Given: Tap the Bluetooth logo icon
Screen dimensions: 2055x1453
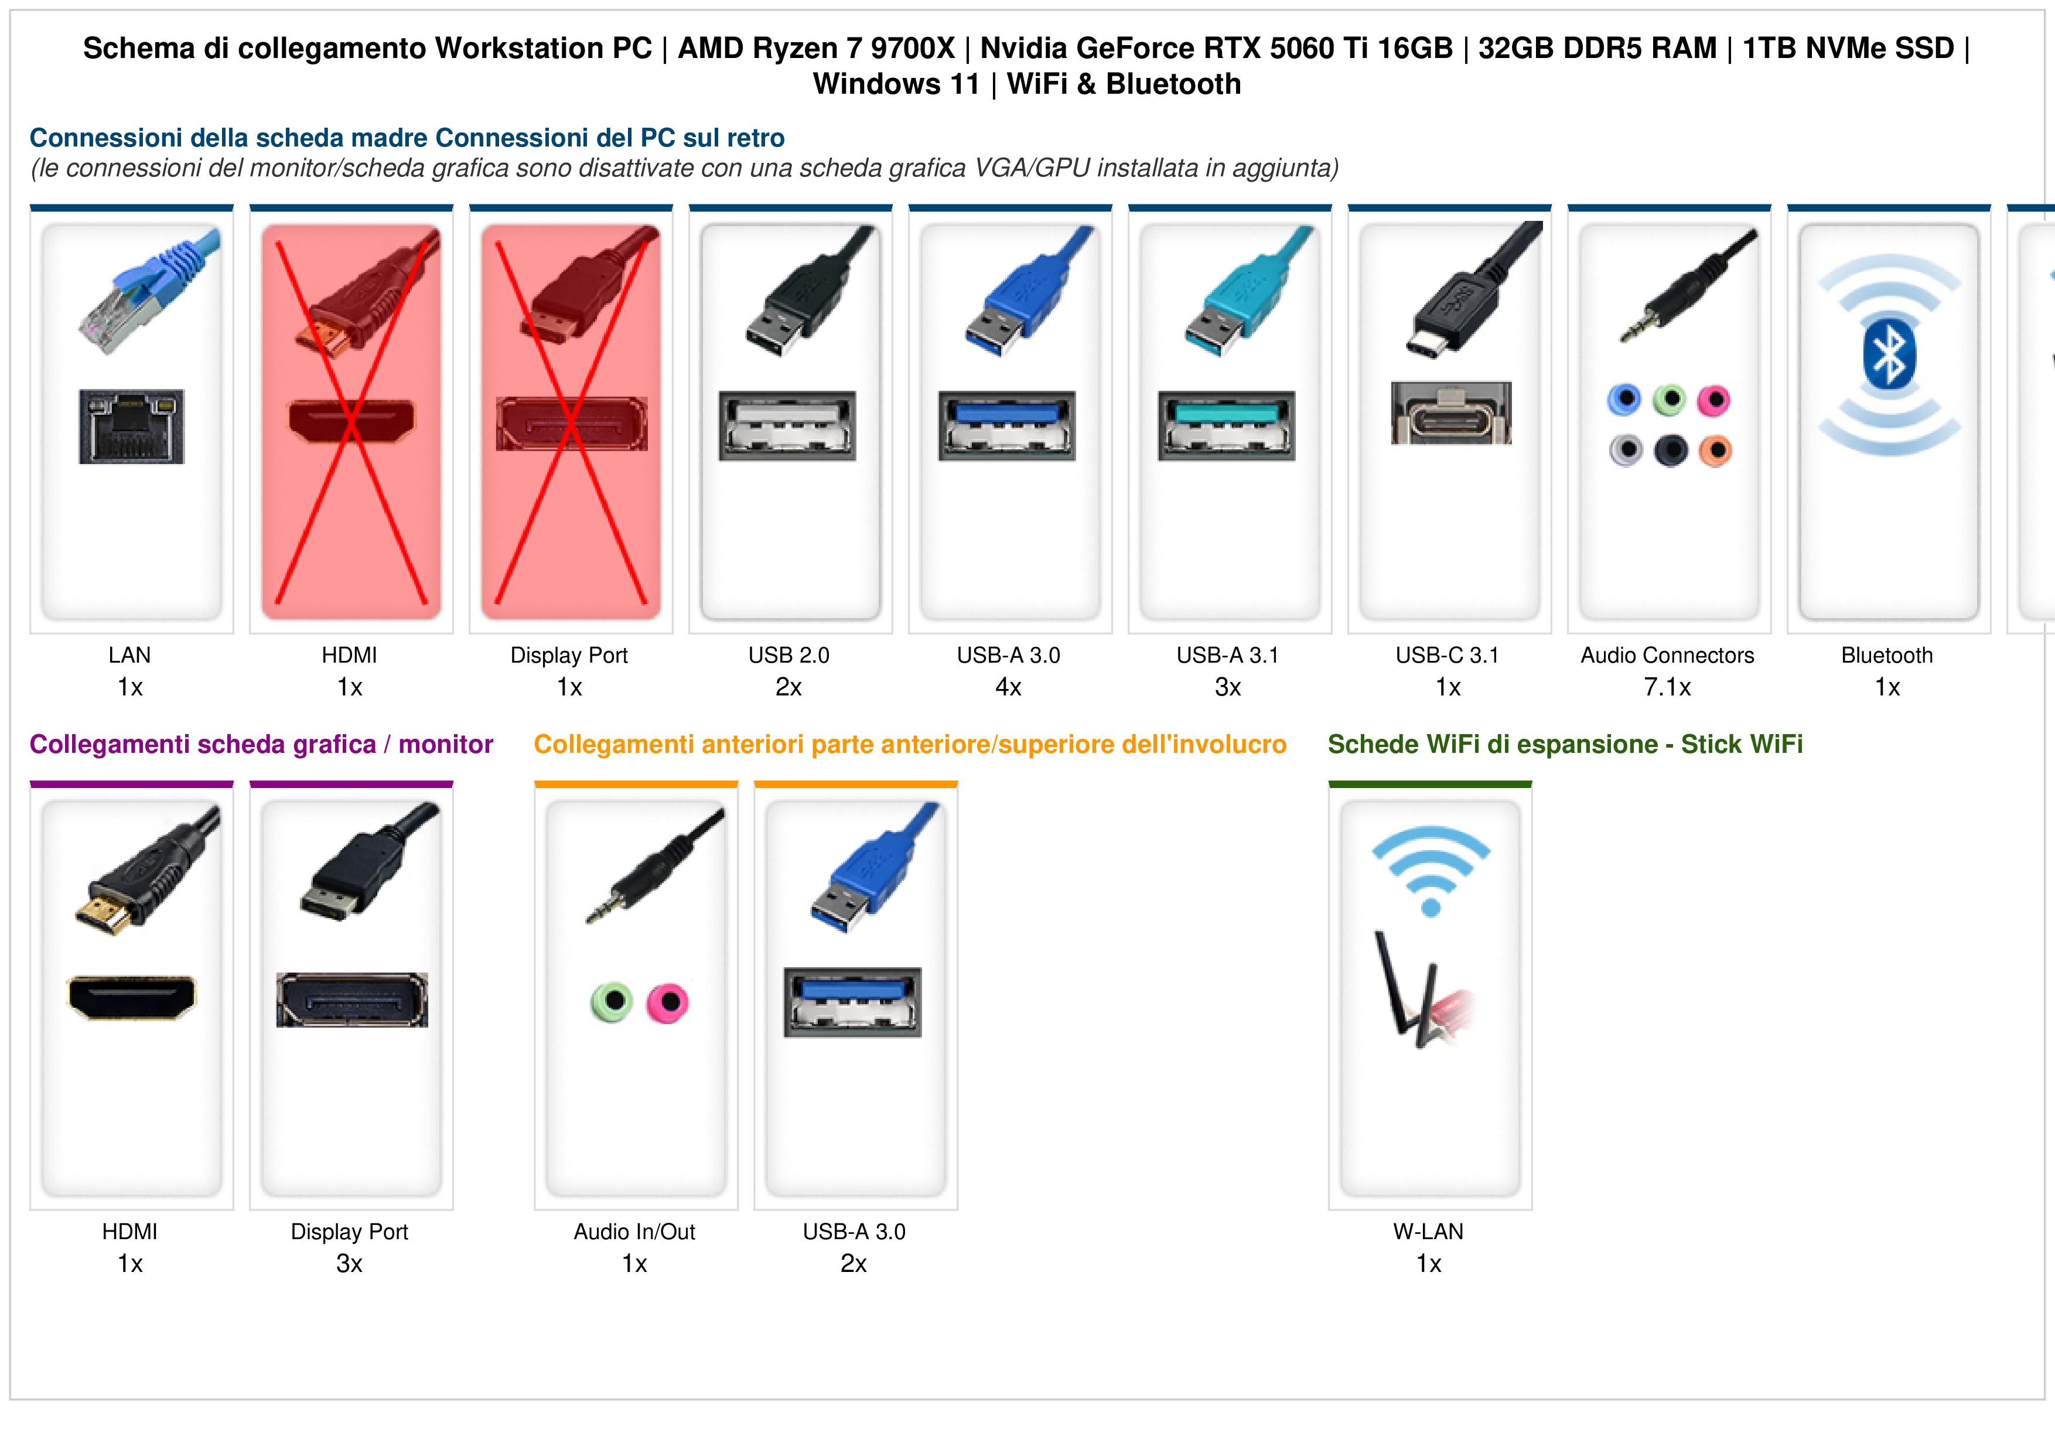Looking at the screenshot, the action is tap(1889, 354).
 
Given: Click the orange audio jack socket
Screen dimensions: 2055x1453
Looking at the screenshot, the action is tap(1715, 451).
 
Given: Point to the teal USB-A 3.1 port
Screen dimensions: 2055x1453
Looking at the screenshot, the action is tap(1226, 426).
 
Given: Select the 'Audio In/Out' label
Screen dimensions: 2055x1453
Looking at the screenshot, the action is tap(634, 1232).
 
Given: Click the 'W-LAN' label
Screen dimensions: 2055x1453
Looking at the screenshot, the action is tap(1428, 1232).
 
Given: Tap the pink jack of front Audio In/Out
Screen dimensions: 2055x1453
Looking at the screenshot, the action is tap(668, 1002).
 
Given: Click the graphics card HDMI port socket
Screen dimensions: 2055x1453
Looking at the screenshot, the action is tap(132, 997).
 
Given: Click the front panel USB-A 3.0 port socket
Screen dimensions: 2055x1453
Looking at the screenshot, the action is tap(853, 1002).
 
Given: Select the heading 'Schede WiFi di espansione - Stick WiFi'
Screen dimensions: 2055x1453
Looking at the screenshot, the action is tap(1565, 744).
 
